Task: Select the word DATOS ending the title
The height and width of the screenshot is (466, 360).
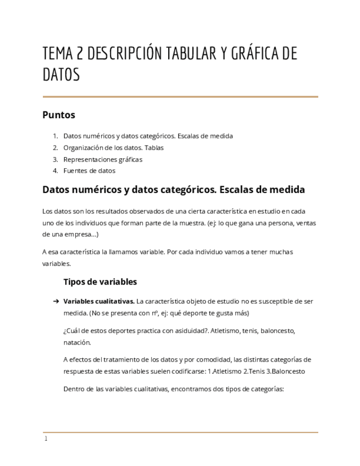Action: pos(61,75)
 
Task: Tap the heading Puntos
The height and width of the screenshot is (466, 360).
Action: pos(58,115)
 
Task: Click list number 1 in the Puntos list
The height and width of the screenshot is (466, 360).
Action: pos(55,136)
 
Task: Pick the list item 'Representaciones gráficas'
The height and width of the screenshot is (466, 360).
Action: pos(103,159)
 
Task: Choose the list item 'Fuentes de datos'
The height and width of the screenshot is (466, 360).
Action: pos(89,171)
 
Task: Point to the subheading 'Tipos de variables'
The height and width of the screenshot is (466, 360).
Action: pos(100,282)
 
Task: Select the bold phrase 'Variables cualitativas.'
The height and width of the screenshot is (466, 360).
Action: pos(99,302)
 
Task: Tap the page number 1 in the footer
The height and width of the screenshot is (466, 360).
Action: pos(46,439)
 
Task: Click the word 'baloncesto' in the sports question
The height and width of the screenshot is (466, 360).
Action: pos(277,331)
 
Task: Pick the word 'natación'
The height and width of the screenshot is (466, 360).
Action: pos(77,342)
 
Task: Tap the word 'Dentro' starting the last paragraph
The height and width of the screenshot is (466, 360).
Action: pos(74,389)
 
